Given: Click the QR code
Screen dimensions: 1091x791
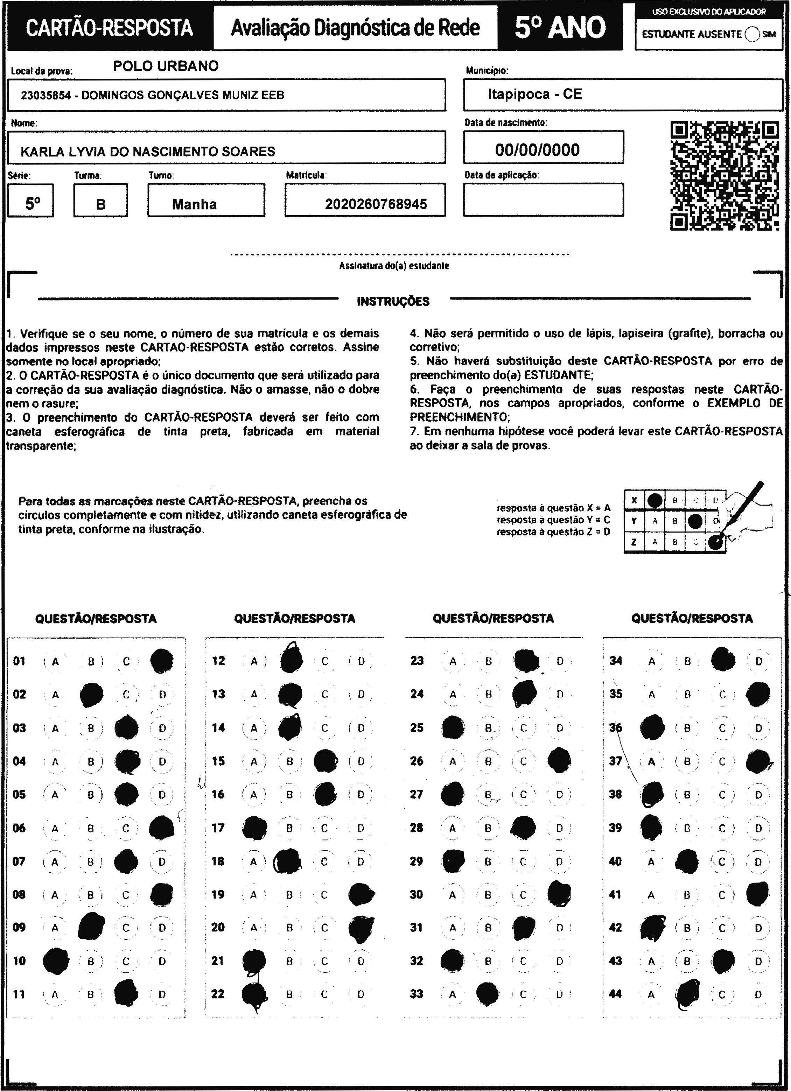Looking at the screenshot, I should tap(724, 176).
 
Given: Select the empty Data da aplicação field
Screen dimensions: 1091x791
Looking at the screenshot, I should tap(543, 200).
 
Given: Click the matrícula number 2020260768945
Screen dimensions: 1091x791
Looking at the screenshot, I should tap(376, 204).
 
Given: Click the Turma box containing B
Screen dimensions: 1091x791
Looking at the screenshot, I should tap(100, 200).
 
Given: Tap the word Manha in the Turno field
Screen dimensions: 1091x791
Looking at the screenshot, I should tap(194, 204).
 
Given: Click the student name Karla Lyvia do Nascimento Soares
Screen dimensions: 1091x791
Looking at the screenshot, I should tap(148, 152).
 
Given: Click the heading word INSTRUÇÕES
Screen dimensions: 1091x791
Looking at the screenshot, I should tap(393, 302).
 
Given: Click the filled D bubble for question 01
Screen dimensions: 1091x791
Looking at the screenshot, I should tap(162, 661).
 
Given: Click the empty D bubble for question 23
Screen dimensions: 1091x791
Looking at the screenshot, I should tap(560, 661).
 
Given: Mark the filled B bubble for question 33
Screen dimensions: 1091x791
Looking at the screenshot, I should tap(488, 994).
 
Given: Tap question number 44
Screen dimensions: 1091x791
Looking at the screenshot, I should tap(615, 994).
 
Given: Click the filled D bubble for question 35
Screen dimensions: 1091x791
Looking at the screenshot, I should tap(758, 695).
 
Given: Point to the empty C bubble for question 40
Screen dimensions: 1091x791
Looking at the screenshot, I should tap(722, 861).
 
